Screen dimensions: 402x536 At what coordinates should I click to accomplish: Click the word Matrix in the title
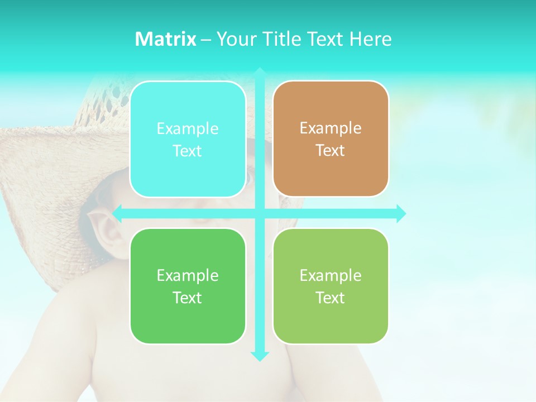165,39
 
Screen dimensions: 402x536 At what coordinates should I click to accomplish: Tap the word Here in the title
370,39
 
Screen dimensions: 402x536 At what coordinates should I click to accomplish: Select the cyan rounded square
188,139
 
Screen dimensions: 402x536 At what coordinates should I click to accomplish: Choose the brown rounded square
331,139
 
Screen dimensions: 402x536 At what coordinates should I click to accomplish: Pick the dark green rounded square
188,286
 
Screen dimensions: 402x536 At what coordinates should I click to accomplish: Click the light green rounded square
331,286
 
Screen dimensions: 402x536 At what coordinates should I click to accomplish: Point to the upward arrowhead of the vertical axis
260,71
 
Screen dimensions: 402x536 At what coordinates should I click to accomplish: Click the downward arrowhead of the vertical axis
260,356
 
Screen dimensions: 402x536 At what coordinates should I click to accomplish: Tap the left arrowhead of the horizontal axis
117,213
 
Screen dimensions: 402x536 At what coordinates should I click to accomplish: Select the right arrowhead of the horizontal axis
401,213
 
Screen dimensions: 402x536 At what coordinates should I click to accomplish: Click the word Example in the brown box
331,128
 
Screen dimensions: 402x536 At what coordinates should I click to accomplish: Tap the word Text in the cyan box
188,151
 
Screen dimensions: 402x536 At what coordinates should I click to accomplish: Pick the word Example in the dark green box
188,275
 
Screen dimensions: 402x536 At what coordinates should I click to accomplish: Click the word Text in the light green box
331,298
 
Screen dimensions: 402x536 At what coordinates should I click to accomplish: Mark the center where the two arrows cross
260,213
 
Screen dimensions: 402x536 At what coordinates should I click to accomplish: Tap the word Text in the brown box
331,151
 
